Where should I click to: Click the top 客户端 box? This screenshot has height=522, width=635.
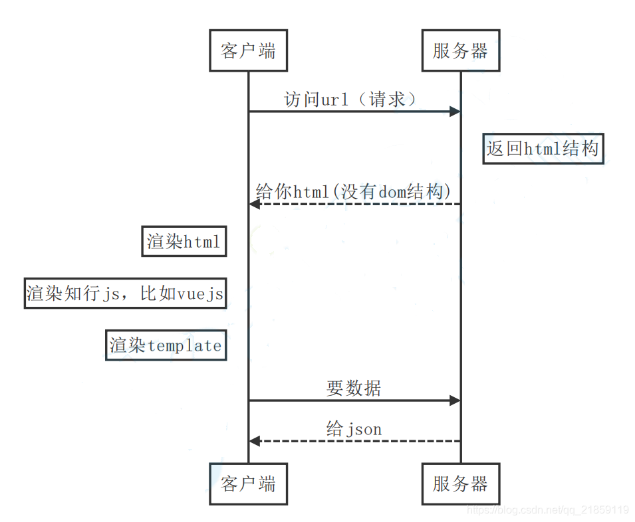click(248, 50)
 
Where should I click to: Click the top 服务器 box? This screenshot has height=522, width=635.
click(460, 50)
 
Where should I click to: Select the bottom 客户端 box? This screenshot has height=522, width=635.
click(248, 483)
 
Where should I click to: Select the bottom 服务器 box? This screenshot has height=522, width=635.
click(460, 483)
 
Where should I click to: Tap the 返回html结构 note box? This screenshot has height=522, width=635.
click(543, 148)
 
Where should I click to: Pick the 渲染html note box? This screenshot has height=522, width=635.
click(184, 242)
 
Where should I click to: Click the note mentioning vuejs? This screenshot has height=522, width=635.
click(125, 294)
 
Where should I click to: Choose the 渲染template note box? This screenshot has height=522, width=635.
click(166, 345)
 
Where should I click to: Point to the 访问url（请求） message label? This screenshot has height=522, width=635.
click(350, 100)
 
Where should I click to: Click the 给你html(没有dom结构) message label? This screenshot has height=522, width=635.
click(354, 192)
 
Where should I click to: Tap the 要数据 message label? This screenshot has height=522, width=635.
click(354, 389)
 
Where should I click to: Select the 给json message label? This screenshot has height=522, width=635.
click(354, 429)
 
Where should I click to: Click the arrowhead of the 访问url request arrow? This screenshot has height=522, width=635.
click(455, 111)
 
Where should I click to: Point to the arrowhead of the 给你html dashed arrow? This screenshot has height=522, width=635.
click(254, 204)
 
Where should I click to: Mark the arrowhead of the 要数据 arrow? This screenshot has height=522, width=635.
click(455, 400)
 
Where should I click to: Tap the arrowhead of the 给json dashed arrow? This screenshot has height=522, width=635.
click(254, 441)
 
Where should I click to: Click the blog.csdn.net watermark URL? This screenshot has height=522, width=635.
click(547, 510)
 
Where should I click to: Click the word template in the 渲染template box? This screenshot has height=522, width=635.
click(184, 346)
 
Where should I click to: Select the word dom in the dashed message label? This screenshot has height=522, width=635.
click(392, 192)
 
